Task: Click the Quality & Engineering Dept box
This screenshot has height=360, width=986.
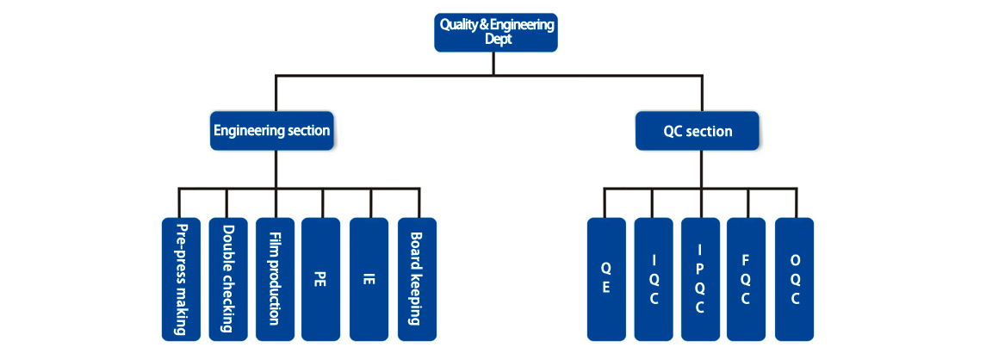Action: point(495,33)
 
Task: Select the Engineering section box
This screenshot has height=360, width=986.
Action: point(272,131)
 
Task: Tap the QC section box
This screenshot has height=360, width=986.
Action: point(698,131)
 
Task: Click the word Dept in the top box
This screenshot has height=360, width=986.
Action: point(497,39)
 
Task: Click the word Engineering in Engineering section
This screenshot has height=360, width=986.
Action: point(249,131)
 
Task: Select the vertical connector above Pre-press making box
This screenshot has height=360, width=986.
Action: point(179,203)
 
